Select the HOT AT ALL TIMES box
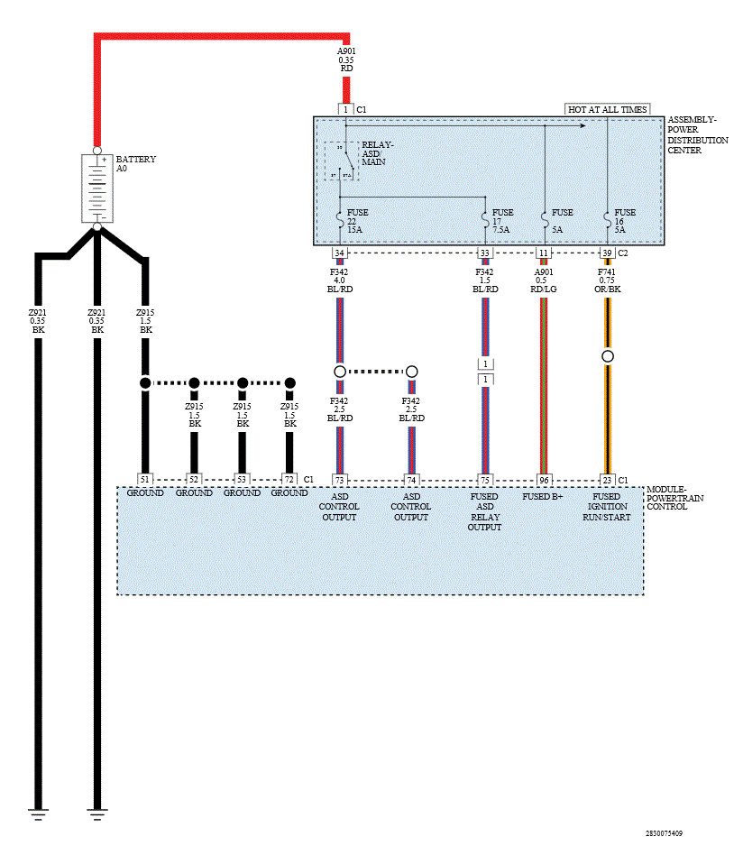point(607,109)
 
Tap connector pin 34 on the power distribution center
point(339,253)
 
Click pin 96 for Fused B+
point(544,480)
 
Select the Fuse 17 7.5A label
point(502,221)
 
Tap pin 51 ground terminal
point(144,480)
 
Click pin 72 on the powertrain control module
point(289,480)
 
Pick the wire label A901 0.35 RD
point(345,60)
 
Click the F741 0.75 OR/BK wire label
point(607,279)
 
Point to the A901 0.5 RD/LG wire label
point(544,279)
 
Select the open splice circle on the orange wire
point(608,356)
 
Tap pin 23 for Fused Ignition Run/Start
point(607,480)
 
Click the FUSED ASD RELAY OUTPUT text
point(484,511)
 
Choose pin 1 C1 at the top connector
point(345,109)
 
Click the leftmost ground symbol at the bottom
point(38,813)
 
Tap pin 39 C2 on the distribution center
point(607,253)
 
